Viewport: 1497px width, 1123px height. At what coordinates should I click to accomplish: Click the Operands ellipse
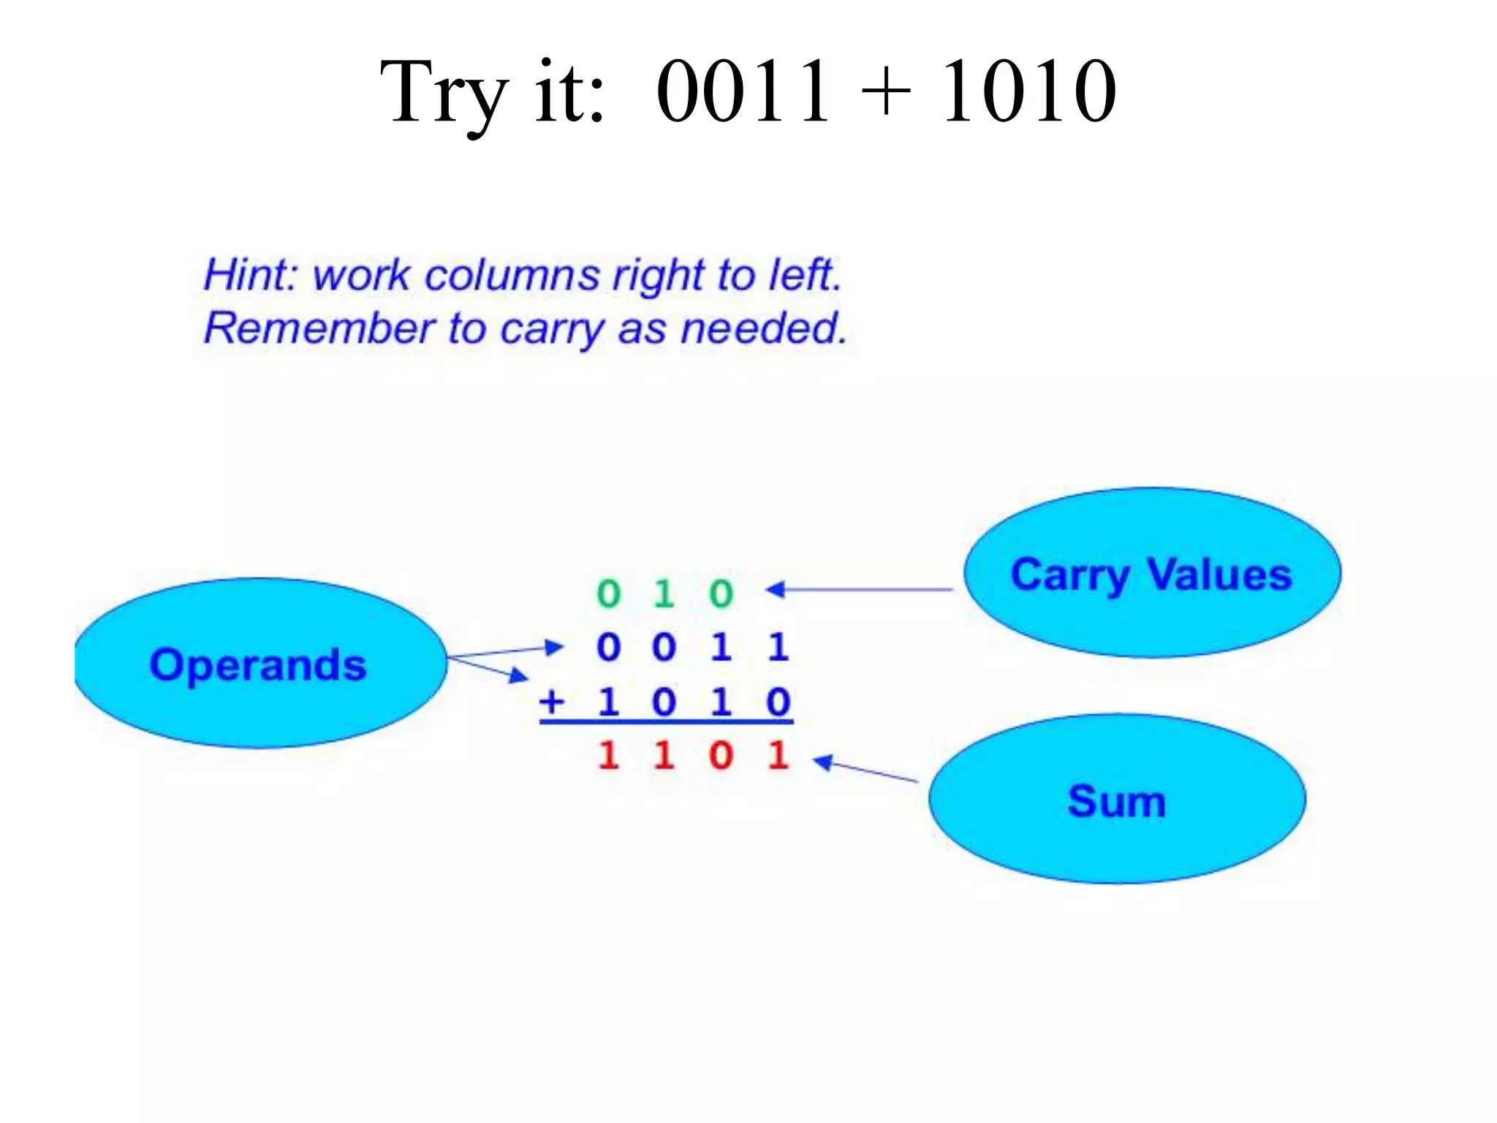[x=259, y=664]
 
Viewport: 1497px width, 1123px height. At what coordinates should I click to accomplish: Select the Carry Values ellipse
[x=1152, y=573]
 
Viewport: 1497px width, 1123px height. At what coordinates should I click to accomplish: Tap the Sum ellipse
[x=1116, y=800]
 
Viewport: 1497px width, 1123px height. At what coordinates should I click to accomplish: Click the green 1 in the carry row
[x=664, y=593]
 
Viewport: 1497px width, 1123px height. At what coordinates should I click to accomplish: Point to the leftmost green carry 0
[x=608, y=593]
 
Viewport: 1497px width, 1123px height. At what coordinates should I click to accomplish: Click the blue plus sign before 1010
[x=553, y=702]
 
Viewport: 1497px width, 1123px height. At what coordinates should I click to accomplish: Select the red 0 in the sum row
[x=721, y=755]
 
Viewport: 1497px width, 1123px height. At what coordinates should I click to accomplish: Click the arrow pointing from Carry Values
[x=859, y=589]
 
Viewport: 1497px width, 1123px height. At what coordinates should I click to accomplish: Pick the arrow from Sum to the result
[x=866, y=770]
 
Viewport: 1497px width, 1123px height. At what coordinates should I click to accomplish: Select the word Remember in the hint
[x=319, y=328]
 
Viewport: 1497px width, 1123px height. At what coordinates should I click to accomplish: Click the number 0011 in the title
[x=743, y=91]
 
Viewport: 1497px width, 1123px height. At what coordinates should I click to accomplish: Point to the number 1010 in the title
[x=1028, y=91]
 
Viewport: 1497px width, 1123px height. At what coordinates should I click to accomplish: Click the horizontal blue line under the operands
[x=666, y=722]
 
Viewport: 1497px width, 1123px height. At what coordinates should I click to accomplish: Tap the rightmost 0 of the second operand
[x=778, y=702]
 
